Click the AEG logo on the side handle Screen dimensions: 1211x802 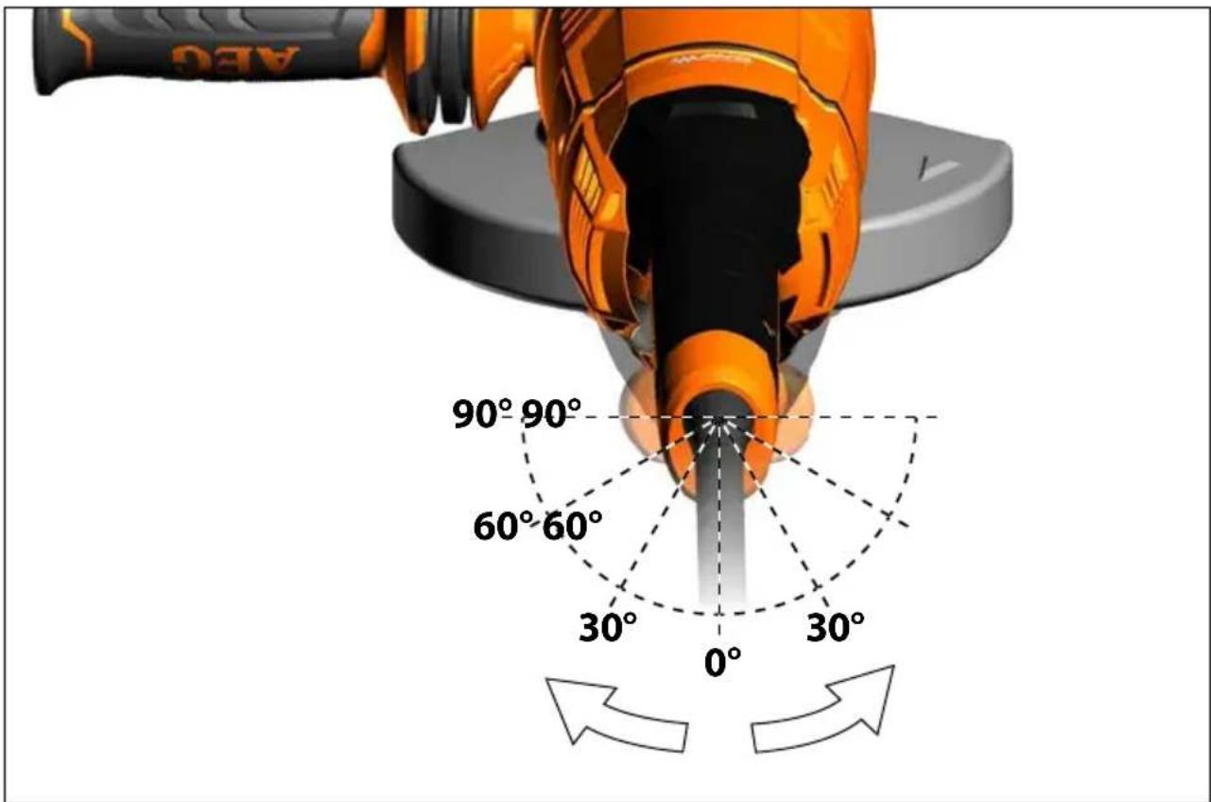pyautogui.click(x=235, y=59)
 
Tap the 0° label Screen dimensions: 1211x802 pyautogui.click(x=722, y=661)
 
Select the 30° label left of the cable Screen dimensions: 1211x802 pyautogui.click(x=607, y=627)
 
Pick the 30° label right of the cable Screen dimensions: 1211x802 pyautogui.click(x=835, y=627)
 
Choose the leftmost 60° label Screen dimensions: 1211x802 pyautogui.click(x=503, y=526)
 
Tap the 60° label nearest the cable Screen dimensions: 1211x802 pyautogui.click(x=572, y=526)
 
